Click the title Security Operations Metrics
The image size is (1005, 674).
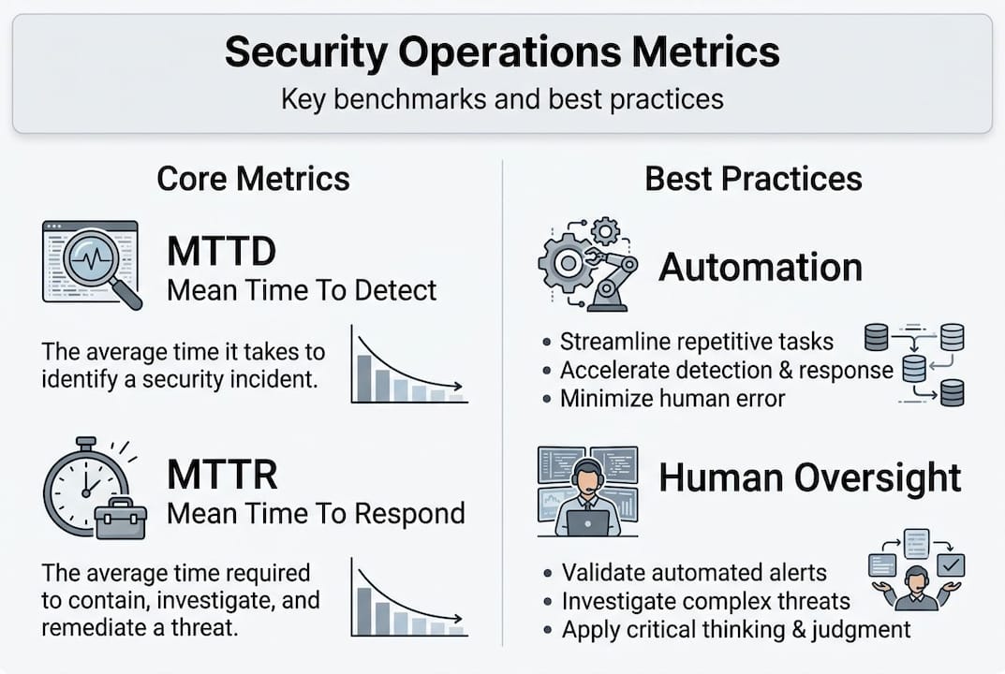point(502,52)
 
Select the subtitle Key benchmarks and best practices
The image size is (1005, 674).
point(502,99)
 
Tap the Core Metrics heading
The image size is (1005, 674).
point(253,178)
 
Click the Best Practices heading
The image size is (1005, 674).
point(753,178)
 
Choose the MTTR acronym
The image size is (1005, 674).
point(222,475)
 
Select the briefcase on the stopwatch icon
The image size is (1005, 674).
point(120,518)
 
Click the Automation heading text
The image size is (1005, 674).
point(760,268)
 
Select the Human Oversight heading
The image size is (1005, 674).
point(809,477)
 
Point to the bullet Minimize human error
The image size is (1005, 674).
point(672,399)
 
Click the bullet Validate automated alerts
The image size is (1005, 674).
point(694,572)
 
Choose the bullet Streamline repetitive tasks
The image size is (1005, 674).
point(696,341)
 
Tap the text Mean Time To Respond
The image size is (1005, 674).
point(316,513)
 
